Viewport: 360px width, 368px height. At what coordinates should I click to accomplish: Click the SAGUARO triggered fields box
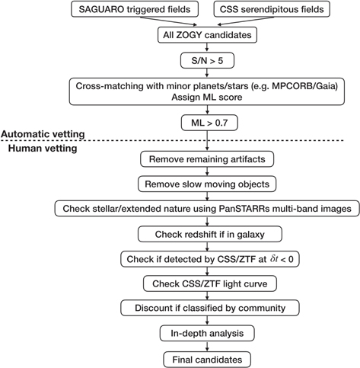pos(135,9)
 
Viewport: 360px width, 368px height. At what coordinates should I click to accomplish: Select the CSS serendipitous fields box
pos(272,9)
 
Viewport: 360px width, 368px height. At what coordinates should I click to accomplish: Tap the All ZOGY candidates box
pos(207,35)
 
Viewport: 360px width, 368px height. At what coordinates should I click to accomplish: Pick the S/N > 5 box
pos(207,61)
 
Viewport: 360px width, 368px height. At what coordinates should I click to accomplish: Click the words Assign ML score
pos(207,97)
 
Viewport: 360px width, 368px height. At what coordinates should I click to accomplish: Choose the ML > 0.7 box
pos(209,123)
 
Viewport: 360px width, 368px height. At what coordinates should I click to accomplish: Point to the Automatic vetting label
pos(43,134)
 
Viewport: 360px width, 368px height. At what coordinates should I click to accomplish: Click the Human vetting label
pos(43,148)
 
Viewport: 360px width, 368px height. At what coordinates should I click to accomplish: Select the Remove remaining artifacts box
pos(207,159)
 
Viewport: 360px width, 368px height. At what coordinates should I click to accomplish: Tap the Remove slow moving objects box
pos(207,184)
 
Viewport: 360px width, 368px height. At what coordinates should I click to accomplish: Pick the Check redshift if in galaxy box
pos(210,234)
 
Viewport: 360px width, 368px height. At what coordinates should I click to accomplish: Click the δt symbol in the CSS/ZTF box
pos(274,259)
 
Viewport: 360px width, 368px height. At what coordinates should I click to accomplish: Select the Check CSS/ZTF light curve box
pos(210,283)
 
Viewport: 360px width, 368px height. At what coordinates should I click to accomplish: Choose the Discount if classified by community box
pos(210,308)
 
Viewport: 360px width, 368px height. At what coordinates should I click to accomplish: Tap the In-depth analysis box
pos(207,333)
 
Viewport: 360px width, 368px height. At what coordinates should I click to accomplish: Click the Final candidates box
pos(207,360)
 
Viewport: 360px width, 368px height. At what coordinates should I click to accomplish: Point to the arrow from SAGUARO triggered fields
pos(168,21)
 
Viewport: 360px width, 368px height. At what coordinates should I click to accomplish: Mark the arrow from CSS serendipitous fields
pos(246,21)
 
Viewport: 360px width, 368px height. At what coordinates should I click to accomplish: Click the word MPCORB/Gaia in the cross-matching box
pos(305,86)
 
